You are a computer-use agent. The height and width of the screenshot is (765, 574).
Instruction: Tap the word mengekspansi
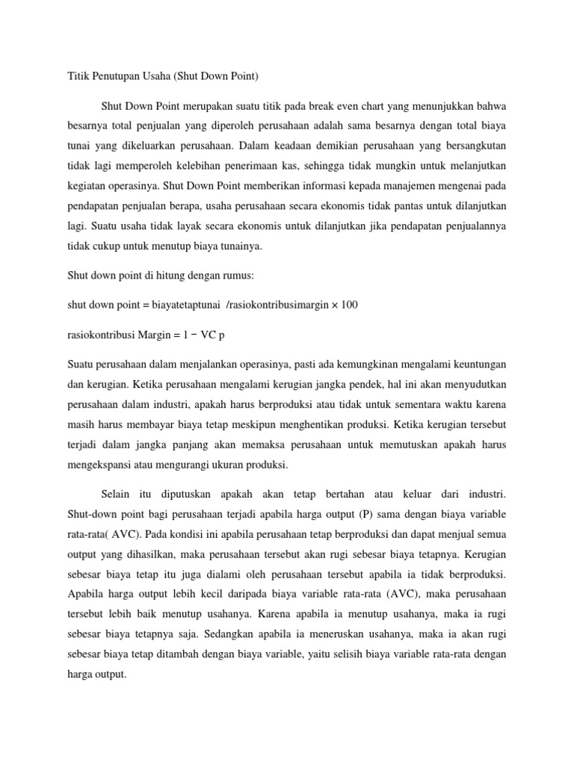click(x=93, y=465)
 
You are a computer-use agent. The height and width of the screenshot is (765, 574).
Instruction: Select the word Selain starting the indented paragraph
click(x=116, y=495)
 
